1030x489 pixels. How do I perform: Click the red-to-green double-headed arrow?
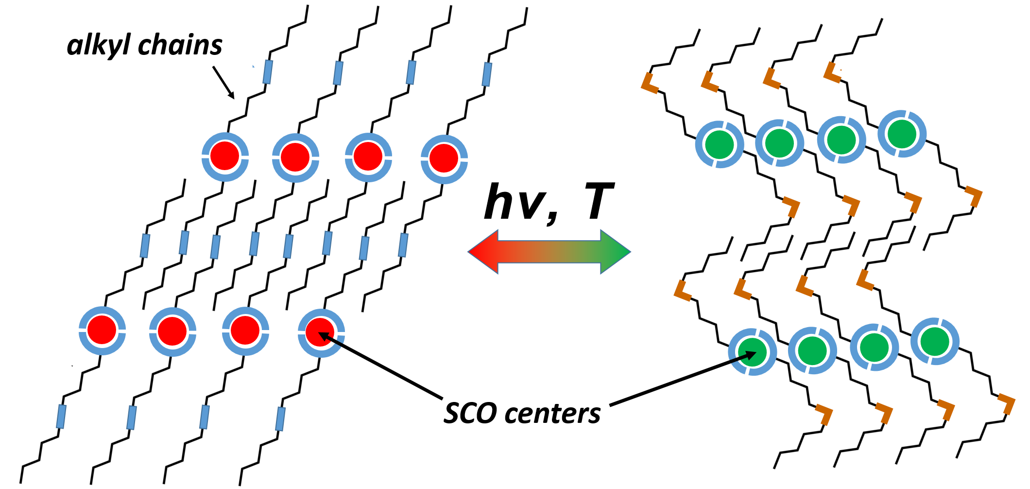pos(549,252)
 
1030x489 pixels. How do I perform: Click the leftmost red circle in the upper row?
pos(225,157)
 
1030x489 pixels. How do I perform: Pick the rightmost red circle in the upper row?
pos(444,158)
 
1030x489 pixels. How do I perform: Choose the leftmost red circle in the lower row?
pos(102,330)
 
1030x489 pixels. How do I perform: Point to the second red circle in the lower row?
pos(172,331)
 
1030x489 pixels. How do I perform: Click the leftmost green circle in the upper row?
pos(720,144)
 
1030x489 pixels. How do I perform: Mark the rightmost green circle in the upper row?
pos(902,133)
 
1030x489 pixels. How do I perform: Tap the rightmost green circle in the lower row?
pos(935,341)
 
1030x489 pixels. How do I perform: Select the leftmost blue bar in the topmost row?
pos(267,72)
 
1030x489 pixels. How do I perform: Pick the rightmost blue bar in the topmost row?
pos(487,74)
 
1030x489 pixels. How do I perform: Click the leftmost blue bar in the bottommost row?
pos(61,417)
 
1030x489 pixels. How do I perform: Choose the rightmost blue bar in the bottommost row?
pos(280,419)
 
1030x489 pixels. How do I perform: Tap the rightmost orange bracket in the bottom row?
pos(1008,405)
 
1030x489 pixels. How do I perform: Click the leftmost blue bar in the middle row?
pos(145,245)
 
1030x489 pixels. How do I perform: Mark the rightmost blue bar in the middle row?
pos(403,245)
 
